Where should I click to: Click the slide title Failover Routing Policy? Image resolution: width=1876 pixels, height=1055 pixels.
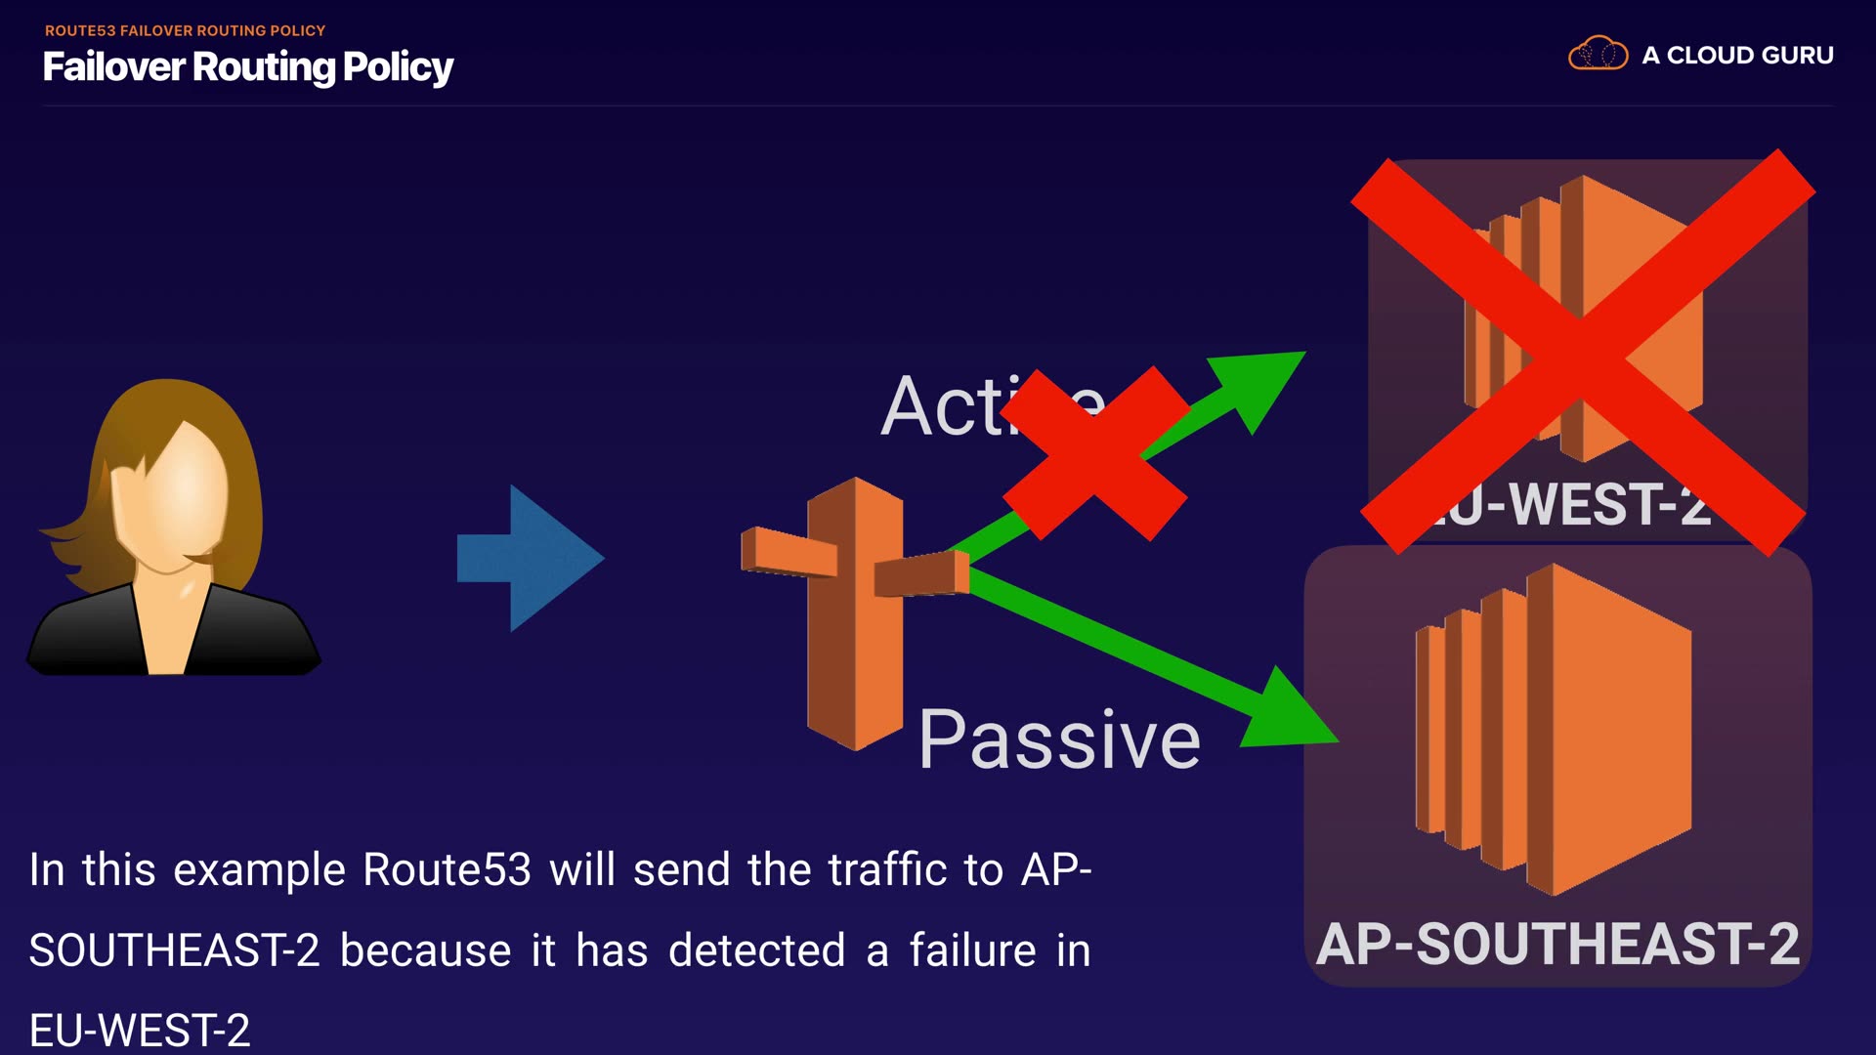247,66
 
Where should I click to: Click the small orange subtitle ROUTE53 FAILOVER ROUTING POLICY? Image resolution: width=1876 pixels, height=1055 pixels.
185,30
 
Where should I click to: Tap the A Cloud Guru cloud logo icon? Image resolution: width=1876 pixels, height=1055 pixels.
1598,54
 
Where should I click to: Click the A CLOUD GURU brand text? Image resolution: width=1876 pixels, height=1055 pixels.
1737,55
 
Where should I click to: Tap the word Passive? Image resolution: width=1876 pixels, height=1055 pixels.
1059,739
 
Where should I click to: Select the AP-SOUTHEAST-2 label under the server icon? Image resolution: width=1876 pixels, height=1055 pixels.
1557,944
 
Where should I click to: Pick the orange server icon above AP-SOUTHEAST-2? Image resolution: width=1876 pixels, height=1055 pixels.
1554,729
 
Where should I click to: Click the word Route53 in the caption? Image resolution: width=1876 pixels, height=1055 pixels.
447,869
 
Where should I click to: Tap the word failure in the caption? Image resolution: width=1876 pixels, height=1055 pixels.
972,950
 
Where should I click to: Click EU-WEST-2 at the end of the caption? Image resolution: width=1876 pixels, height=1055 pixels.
140,1030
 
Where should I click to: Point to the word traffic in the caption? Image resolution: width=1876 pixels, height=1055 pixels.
887,869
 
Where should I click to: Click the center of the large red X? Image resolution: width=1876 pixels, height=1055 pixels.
1583,352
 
